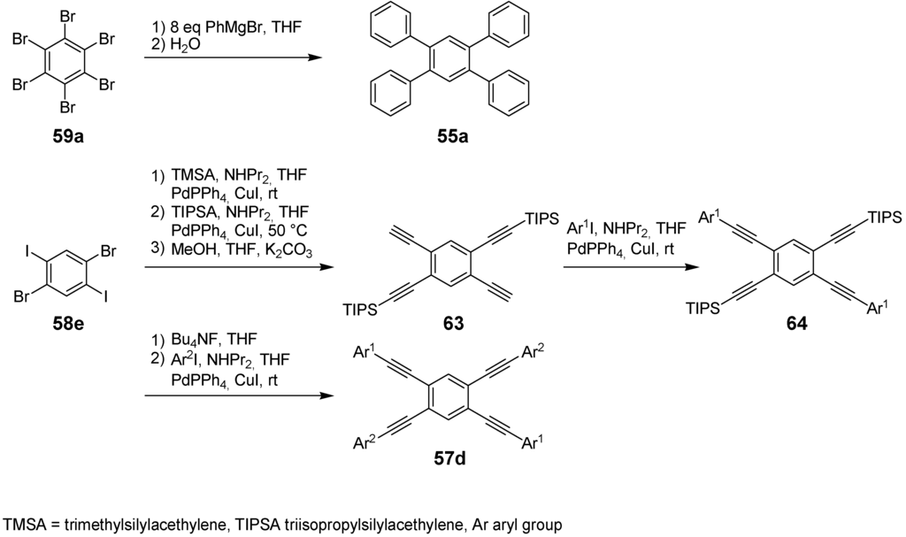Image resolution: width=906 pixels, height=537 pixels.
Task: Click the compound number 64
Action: [x=796, y=325]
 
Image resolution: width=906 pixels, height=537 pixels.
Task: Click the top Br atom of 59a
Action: [x=65, y=16]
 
